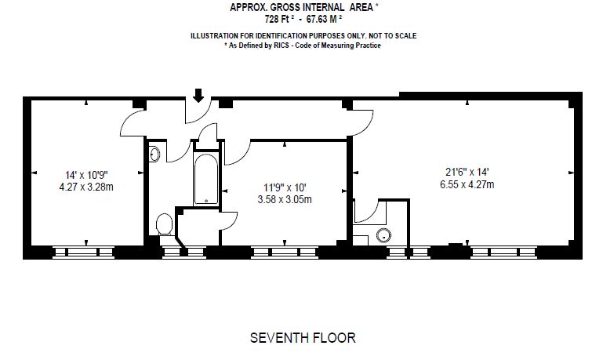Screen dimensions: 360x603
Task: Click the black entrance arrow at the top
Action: click(x=198, y=95)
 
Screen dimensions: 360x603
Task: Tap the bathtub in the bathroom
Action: click(x=206, y=179)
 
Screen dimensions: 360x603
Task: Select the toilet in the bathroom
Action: click(x=164, y=225)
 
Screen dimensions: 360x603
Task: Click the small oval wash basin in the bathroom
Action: click(x=154, y=153)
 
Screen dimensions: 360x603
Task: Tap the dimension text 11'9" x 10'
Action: click(x=286, y=187)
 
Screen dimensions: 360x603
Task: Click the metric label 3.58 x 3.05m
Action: click(x=286, y=199)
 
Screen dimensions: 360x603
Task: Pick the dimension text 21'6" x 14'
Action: click(x=467, y=172)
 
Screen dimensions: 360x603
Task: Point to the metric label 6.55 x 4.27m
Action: click(x=467, y=184)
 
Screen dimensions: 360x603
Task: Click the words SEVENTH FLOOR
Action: click(x=302, y=338)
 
